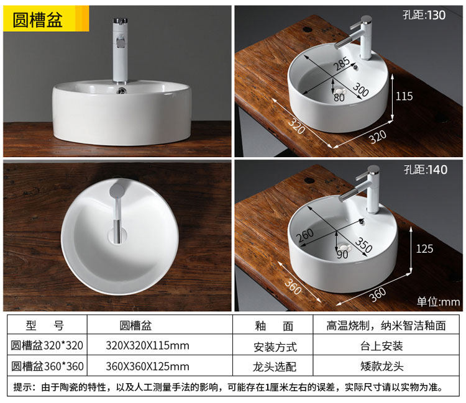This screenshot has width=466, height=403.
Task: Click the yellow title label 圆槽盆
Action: (x=37, y=20)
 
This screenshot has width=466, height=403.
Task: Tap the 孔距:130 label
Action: (x=424, y=15)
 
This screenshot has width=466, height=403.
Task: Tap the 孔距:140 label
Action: (x=426, y=170)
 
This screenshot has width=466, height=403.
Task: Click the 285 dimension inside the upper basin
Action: (x=342, y=64)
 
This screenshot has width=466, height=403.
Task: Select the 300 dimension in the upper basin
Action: (x=360, y=89)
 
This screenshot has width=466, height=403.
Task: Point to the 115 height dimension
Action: (x=404, y=96)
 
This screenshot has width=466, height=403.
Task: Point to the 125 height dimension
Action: (x=424, y=249)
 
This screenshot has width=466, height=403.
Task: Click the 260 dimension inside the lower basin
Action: (x=305, y=236)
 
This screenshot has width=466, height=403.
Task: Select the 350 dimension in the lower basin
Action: (x=363, y=245)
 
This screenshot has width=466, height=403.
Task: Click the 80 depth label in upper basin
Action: (x=339, y=97)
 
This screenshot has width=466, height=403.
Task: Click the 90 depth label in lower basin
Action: (x=342, y=254)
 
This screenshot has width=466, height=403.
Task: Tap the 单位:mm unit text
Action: (x=439, y=302)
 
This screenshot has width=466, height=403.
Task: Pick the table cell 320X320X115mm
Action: (x=147, y=345)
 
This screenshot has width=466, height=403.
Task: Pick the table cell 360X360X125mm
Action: (x=147, y=366)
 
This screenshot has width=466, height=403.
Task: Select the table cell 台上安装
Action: (x=381, y=346)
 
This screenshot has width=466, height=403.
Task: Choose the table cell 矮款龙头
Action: (x=382, y=366)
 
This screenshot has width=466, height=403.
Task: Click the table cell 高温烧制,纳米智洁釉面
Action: (x=386, y=326)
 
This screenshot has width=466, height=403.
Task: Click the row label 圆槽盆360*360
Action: (x=47, y=366)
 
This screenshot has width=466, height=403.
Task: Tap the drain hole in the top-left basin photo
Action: (x=122, y=90)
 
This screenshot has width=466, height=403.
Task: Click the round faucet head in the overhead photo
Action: (x=117, y=191)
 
